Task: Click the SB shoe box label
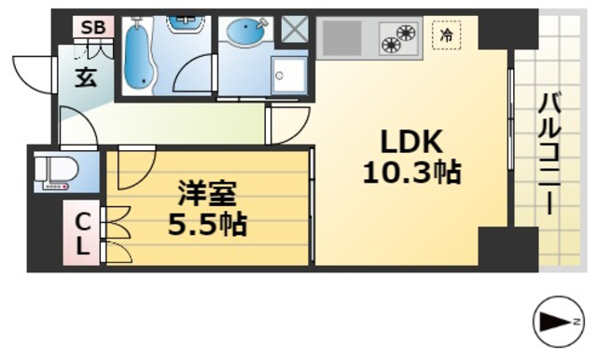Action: click(x=92, y=27)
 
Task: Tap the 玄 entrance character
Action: click(x=85, y=77)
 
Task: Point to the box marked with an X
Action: click(x=297, y=30)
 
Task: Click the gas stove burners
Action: click(x=398, y=38)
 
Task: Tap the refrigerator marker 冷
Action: click(x=448, y=36)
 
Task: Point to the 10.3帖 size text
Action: click(x=410, y=173)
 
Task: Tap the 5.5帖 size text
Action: click(x=207, y=225)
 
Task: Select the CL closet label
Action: click(x=83, y=234)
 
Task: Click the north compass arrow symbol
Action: click(x=559, y=323)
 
